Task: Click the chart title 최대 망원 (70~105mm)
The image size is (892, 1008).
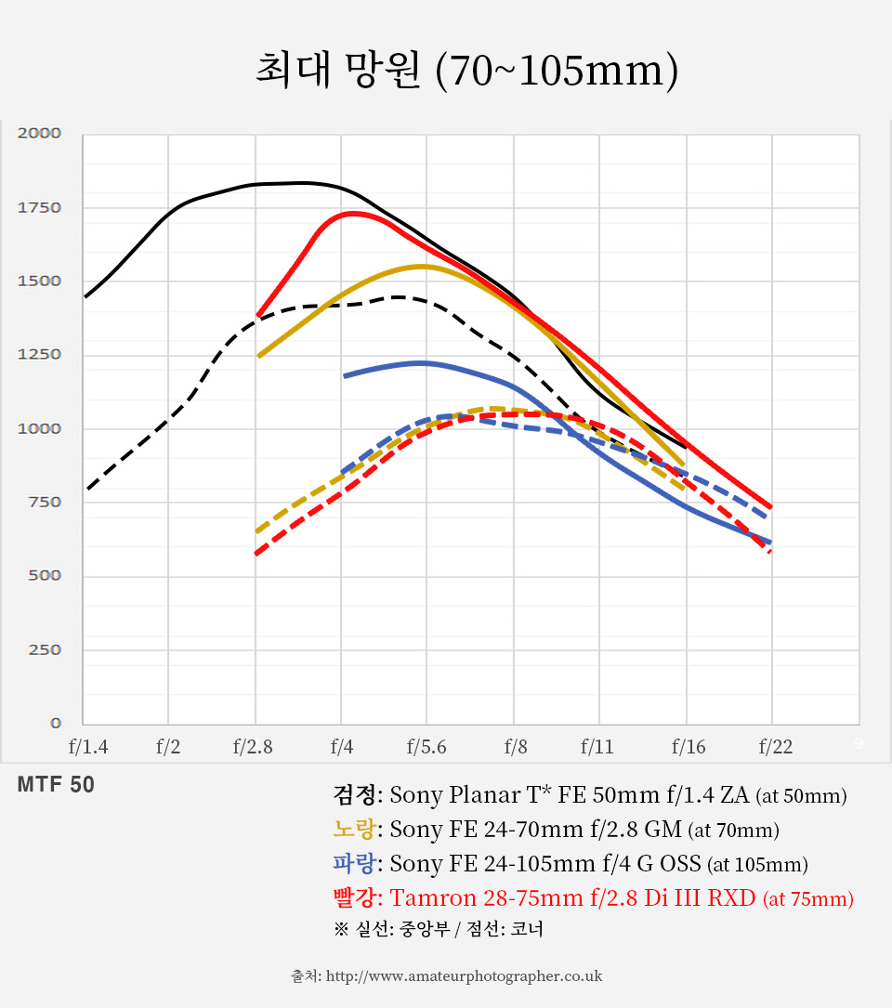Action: click(x=466, y=72)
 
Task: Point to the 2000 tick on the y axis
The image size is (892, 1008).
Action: click(x=39, y=133)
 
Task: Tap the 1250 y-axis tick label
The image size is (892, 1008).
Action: click(x=39, y=354)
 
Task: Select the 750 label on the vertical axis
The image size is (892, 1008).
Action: click(x=43, y=502)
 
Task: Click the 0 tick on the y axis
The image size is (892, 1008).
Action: click(x=56, y=723)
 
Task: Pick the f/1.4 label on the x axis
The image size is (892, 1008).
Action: click(x=88, y=746)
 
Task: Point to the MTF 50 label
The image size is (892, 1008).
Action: click(x=56, y=785)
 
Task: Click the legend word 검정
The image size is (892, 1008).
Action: click(x=354, y=795)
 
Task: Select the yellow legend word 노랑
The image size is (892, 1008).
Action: click(x=354, y=830)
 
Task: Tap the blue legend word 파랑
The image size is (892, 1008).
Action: click(x=354, y=864)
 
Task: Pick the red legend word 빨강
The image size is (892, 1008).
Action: click(x=354, y=898)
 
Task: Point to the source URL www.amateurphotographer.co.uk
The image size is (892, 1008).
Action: click(x=465, y=975)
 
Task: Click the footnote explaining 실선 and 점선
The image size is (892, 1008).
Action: click(x=438, y=929)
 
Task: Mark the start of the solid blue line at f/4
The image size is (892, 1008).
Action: click(x=344, y=376)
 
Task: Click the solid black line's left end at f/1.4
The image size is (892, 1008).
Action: click(x=85, y=297)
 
